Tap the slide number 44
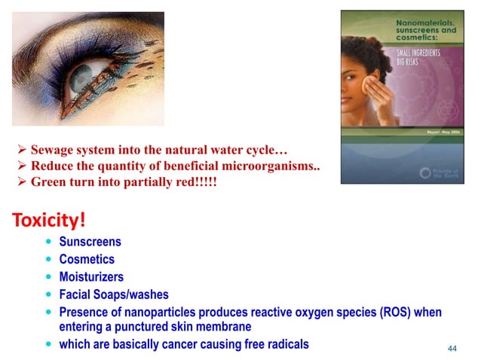[452, 348]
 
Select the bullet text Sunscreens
[90, 243]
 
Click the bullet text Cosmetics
[87, 260]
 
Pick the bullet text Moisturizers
[92, 277]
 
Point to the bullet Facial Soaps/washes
[114, 294]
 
